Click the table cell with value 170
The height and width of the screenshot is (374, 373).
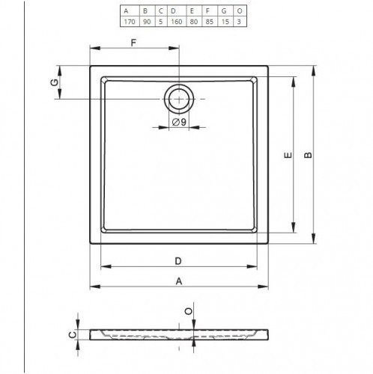pyautogui.click(x=130, y=22)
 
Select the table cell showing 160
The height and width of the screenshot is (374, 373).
pyautogui.click(x=177, y=22)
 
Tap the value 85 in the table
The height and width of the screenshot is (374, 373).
pyautogui.click(x=210, y=22)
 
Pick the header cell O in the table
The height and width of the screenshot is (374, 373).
pyautogui.click(x=240, y=11)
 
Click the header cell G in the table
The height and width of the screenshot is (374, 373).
pyautogui.click(x=224, y=11)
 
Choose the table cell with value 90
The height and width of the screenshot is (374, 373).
pyautogui.click(x=147, y=22)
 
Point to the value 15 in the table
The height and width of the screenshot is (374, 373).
pyautogui.click(x=225, y=22)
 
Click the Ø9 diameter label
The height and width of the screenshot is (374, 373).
pyautogui.click(x=179, y=122)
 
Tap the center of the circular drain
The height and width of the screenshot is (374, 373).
pyautogui.click(x=179, y=99)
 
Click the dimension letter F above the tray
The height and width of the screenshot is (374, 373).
pyautogui.click(x=133, y=43)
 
